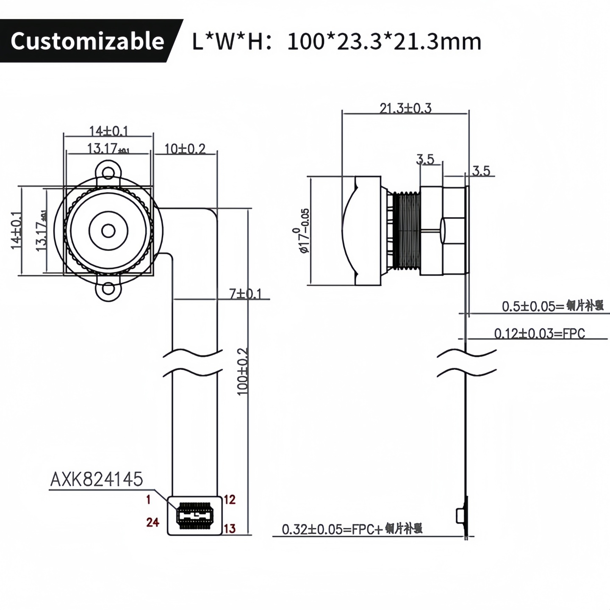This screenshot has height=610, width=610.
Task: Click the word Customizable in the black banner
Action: pos(87,41)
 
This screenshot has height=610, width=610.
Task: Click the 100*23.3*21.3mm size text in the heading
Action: pos(384,42)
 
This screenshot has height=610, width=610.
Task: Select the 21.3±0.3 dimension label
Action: pos(405,108)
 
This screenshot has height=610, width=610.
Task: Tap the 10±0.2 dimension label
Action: pos(185,149)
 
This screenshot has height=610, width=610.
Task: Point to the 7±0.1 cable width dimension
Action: pos(245,294)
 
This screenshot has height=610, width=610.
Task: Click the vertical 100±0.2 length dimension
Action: pos(242,372)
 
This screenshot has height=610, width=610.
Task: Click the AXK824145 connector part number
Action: pos(97,480)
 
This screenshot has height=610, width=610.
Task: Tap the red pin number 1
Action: pos(148,500)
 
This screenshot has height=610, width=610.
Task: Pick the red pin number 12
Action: pos(229,500)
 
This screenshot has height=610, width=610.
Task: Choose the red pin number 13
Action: pos(229,529)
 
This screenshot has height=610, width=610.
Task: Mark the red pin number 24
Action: pos(152,522)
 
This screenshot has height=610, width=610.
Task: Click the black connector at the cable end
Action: pos(194,516)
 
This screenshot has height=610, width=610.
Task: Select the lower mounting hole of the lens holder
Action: pos(109,289)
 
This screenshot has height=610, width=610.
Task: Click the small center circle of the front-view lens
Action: pos(108,231)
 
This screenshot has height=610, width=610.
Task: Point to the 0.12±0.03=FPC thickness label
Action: pos(539,334)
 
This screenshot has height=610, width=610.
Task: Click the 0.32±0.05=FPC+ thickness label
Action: pos(352,529)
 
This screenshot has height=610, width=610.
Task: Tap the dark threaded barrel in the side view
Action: pos(406,231)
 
